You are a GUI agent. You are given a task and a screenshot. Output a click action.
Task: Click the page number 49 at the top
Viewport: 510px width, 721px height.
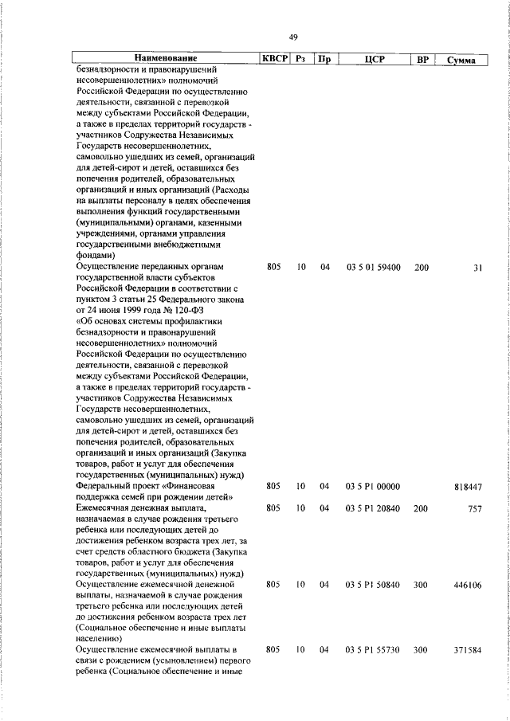[x=293, y=37]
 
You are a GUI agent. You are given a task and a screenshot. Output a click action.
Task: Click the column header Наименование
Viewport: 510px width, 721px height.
[x=165, y=58]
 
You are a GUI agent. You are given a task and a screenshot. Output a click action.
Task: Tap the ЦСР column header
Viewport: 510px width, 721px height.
[x=373, y=58]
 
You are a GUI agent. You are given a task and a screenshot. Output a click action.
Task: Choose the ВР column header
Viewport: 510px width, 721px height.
[x=422, y=58]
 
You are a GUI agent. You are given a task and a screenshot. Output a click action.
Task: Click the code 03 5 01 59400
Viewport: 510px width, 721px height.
[x=373, y=267]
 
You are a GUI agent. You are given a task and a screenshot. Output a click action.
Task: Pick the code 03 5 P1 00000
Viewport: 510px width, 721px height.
[x=373, y=486]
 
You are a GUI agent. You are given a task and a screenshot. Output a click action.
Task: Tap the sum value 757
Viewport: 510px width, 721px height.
[x=475, y=507]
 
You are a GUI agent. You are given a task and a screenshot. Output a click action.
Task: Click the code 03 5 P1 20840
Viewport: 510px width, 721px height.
[x=373, y=507]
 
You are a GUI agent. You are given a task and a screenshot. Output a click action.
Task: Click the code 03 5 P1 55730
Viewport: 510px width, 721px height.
[x=373, y=651]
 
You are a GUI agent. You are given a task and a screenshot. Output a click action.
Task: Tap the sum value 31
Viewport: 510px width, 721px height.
[x=477, y=267]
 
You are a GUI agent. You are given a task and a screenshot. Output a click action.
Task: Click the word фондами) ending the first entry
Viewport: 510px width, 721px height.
[x=96, y=256]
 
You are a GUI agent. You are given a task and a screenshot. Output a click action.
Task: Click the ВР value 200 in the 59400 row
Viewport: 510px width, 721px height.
[x=422, y=267]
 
